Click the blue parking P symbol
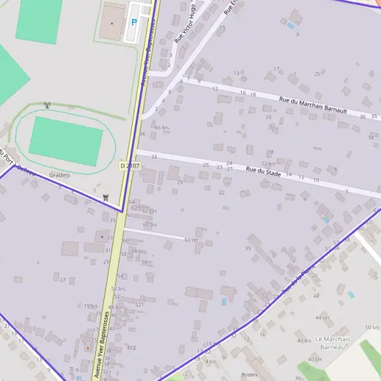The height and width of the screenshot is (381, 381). tap(133, 21)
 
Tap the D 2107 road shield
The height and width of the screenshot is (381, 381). tap(130, 166)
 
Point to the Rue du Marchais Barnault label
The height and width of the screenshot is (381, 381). tap(313, 104)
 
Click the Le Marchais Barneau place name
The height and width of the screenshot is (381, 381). tap(329, 343)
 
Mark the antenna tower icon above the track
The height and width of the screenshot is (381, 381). tap(46, 105)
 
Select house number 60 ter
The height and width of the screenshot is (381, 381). tap(191, 239)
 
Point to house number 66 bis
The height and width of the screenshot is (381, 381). tap(162, 128)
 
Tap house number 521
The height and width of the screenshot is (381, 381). tap(139, 305)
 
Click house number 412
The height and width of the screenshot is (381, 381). tap(131, 348)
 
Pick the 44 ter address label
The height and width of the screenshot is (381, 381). tap(323, 317)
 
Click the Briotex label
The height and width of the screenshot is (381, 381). tap(250, 375)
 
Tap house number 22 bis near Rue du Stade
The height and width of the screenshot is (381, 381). tap(268, 164)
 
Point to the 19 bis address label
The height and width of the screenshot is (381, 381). tap(90, 306)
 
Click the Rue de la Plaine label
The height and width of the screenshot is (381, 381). tap(298, 277)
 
